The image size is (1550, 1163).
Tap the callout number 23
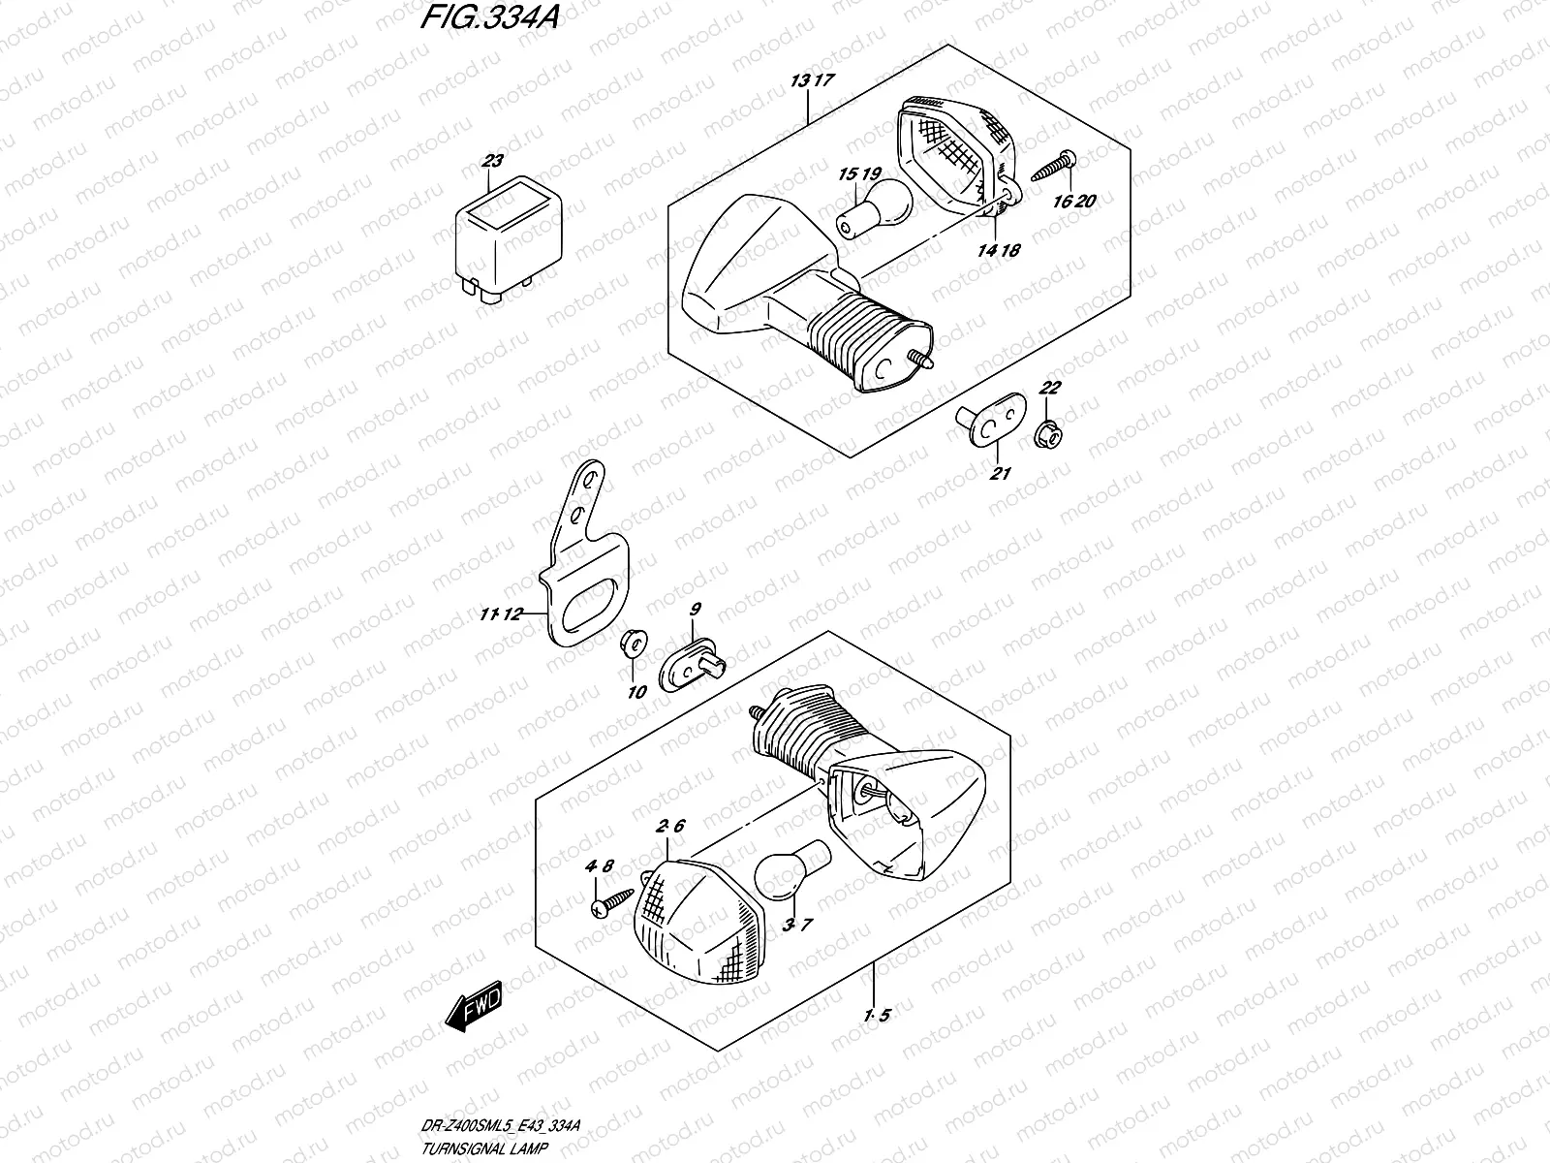coord(493,162)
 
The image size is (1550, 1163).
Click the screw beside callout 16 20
coord(1056,166)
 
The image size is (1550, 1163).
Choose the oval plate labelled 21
coord(994,425)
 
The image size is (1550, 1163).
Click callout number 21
coord(1000,473)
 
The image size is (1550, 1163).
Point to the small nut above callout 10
coord(631,642)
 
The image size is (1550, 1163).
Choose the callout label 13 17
coord(811,81)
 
